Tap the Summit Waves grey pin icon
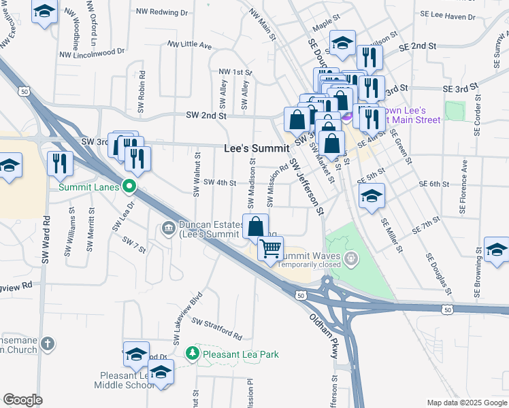tap(350, 258)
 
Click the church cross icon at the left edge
tap(47, 343)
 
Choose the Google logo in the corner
tap(22, 400)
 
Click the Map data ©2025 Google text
tap(466, 403)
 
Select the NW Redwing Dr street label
tap(161, 12)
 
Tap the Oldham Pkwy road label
tap(323, 328)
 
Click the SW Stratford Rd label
tap(216, 328)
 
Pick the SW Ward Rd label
tap(46, 240)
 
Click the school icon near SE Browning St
tap(496, 249)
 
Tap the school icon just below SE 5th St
tap(372, 195)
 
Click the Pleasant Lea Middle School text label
tap(127, 380)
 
